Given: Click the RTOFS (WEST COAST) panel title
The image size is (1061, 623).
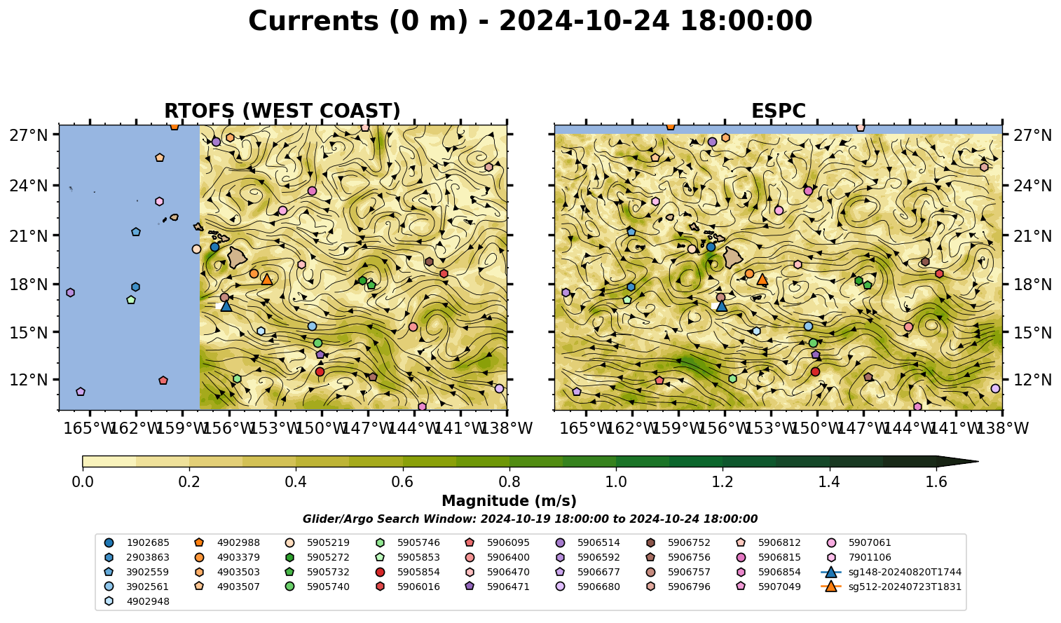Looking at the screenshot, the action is [x=282, y=111].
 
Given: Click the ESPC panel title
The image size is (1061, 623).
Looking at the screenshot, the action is [x=778, y=111].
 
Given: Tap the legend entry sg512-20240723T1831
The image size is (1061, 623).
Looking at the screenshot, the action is [x=891, y=587].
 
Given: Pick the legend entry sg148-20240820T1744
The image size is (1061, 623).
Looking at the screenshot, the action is [x=891, y=573].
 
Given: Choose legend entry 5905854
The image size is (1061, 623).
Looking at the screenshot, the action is [x=410, y=573].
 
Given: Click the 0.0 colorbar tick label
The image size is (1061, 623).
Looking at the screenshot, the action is [x=83, y=482].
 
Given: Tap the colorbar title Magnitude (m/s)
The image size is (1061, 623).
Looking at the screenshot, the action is [x=509, y=501].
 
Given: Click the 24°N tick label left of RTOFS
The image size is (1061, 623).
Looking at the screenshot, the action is [x=29, y=185].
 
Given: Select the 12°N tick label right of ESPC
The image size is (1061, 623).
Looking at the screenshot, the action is [x=1031, y=380].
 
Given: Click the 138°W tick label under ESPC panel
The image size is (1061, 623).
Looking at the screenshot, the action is [x=1004, y=428].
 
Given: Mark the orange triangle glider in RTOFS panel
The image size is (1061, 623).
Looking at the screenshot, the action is [x=267, y=279].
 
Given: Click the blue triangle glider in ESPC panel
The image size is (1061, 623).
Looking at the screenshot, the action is [x=721, y=306].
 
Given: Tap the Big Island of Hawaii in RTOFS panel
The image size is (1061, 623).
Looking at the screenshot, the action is [x=238, y=257].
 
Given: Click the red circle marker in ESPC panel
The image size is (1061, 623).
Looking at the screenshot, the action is [x=815, y=372].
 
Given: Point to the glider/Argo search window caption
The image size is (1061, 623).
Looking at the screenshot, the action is [x=530, y=519].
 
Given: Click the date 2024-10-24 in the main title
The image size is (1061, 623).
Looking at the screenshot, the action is [x=584, y=21].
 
